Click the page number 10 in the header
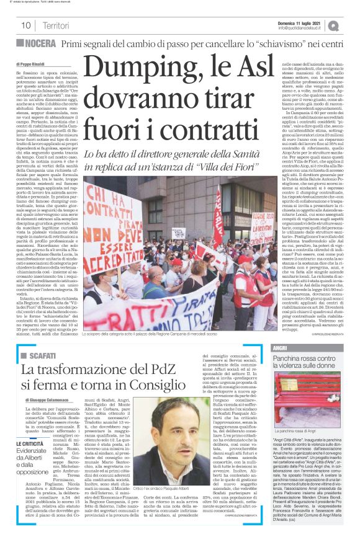pyautogui.click(x=26, y=25)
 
